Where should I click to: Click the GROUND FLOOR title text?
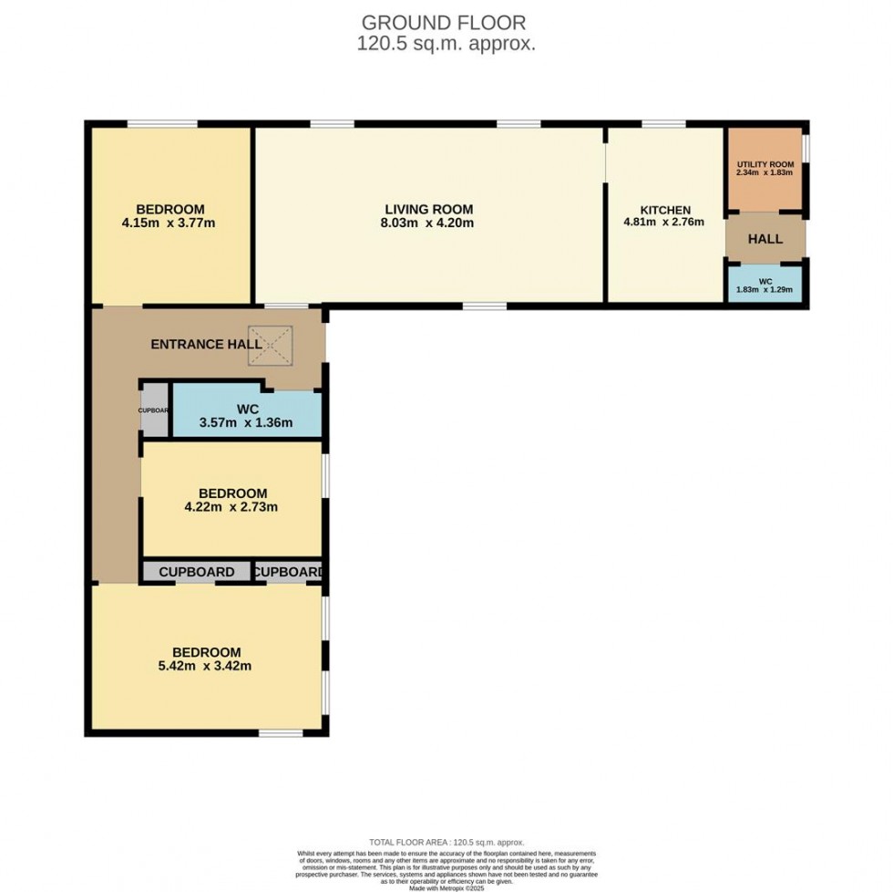point(444,22)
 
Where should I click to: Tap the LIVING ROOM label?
point(428,209)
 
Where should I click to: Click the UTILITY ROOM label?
point(765,163)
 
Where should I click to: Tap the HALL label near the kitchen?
point(765,239)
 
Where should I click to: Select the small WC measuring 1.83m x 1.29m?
point(765,285)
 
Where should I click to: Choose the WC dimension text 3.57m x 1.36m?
point(247,422)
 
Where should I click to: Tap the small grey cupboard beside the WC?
point(154,410)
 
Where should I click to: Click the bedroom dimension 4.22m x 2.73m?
point(232,507)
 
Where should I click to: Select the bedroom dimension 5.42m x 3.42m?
point(207,666)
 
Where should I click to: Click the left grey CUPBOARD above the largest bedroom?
point(197,572)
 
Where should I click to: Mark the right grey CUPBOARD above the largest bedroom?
point(288,572)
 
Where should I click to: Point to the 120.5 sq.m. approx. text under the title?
point(446,43)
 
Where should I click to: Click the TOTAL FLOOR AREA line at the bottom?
point(446,842)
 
